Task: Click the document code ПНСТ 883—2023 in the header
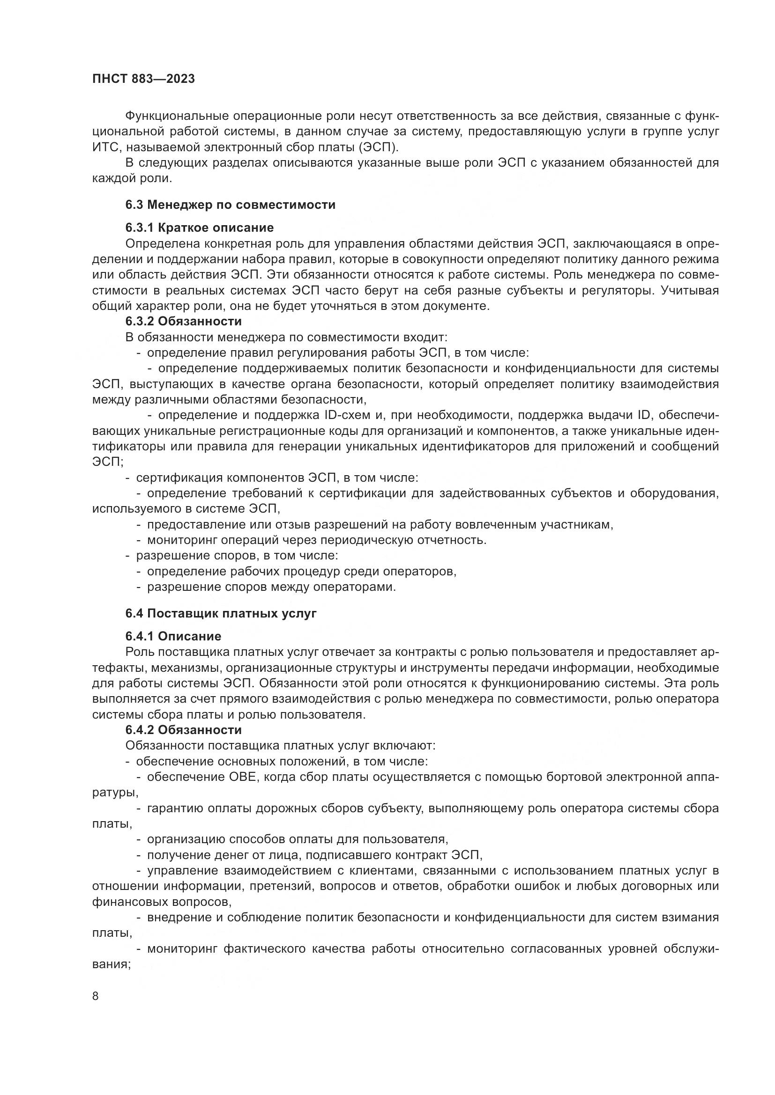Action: click(144, 79)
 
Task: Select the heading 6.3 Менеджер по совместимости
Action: click(231, 205)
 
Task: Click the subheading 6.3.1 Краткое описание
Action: click(200, 228)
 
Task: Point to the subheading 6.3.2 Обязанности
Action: click(184, 322)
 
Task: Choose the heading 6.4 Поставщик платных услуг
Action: click(221, 614)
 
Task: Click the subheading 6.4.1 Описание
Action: click(173, 636)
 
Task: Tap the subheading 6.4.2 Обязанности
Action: click(184, 730)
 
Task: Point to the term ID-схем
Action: click(347, 415)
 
